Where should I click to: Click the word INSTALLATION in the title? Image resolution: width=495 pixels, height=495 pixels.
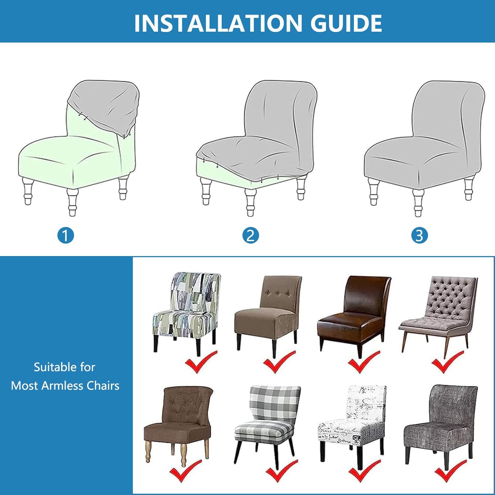pyautogui.click(x=218, y=23)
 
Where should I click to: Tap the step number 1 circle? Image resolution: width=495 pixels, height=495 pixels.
pyautogui.click(x=66, y=236)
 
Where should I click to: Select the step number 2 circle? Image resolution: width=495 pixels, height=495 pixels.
pyautogui.click(x=250, y=236)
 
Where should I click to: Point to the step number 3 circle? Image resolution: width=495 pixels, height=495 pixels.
pyautogui.click(x=419, y=236)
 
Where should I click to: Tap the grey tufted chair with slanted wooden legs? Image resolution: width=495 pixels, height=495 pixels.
pyautogui.click(x=438, y=315)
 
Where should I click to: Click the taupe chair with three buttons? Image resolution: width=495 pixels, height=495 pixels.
pyautogui.click(x=268, y=313)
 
